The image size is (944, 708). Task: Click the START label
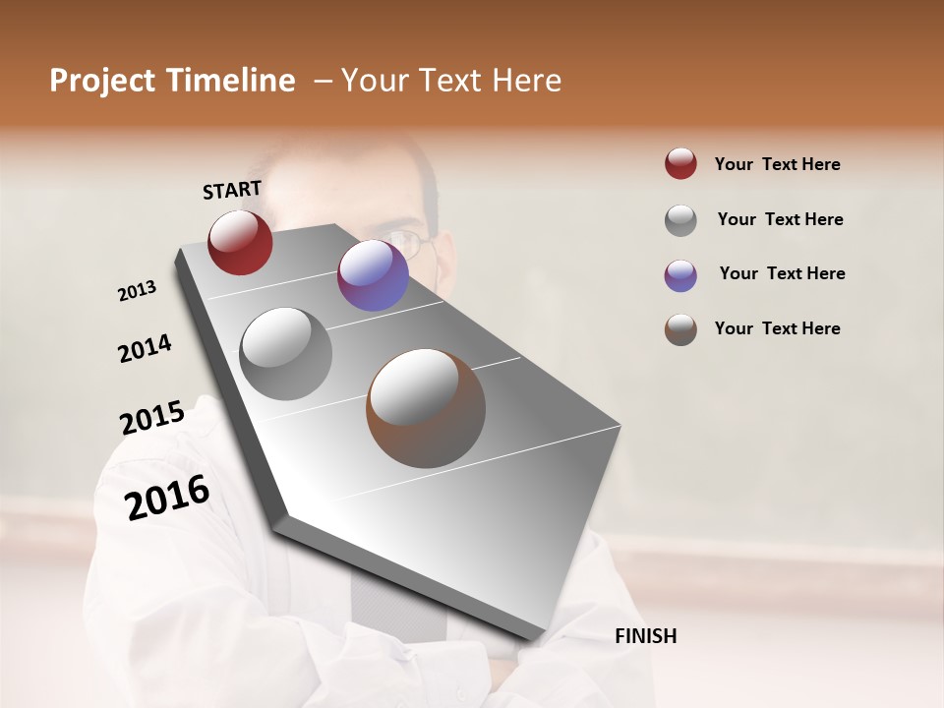[x=232, y=190]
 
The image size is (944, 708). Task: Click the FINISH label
[x=645, y=636]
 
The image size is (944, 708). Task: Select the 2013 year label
[x=138, y=291]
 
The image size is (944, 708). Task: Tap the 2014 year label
[x=145, y=349]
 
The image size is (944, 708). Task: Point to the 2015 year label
[x=152, y=418]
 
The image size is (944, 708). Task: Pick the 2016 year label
[x=167, y=497]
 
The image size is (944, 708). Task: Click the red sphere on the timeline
[x=240, y=243]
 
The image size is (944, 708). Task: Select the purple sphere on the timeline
[x=373, y=275]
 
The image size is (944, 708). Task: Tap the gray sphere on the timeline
[x=286, y=354]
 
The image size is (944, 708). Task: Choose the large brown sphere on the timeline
[x=426, y=408]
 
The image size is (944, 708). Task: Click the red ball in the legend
[x=680, y=164]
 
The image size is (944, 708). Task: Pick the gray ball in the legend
[x=680, y=219]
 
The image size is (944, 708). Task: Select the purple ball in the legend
[x=680, y=274]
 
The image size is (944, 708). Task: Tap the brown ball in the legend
[x=680, y=328]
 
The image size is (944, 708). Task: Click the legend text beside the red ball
[x=777, y=164]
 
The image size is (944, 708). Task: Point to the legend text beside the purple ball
[x=782, y=273]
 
